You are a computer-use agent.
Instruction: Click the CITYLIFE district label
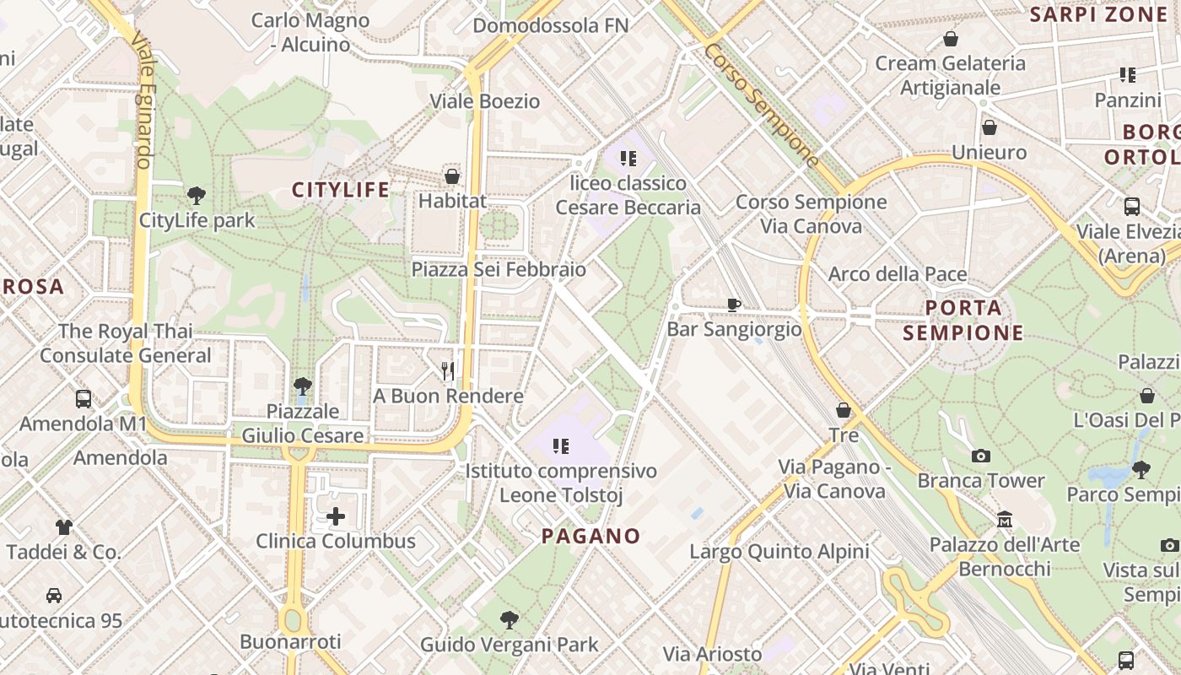point(341,190)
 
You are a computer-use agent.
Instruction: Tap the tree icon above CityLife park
point(197,196)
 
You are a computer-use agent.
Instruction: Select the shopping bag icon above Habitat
point(452,176)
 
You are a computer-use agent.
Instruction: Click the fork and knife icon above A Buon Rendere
point(448,370)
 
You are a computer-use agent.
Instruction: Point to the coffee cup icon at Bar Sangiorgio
point(734,305)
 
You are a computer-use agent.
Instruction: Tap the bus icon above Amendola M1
point(84,399)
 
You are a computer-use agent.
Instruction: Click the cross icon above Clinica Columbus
point(336,516)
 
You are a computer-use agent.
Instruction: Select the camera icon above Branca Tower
point(980,456)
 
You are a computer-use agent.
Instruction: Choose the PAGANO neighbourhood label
point(590,536)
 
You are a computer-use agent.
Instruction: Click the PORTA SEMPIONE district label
point(963,320)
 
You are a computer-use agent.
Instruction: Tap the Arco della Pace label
point(898,274)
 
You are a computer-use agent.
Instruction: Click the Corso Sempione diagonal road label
point(762,104)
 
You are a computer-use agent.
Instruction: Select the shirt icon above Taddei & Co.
point(64,527)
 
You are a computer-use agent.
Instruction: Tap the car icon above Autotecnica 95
point(54,596)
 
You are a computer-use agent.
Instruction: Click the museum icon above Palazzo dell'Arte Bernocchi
point(1004,519)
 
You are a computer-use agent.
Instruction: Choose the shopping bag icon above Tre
point(844,410)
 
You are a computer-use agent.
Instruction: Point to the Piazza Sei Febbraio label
point(499,269)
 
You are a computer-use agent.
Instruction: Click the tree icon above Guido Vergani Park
point(509,620)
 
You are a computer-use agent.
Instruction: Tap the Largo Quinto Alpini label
point(779,552)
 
